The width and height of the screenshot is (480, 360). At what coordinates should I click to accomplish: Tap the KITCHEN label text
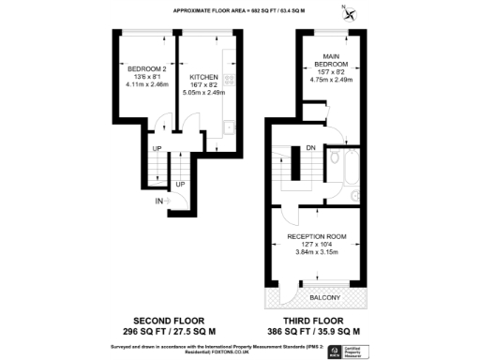point(203,77)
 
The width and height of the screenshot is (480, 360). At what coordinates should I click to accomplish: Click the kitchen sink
point(228,127)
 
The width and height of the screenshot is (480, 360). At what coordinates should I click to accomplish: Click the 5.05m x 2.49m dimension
point(203,92)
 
